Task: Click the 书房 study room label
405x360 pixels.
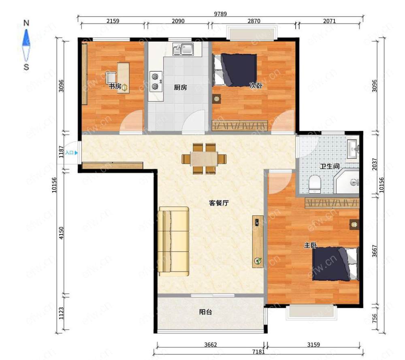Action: (115, 86)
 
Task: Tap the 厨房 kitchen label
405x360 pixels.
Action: (180, 87)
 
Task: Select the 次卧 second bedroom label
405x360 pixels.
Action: (256, 85)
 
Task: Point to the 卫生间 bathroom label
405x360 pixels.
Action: (330, 166)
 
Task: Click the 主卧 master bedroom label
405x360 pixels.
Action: (310, 245)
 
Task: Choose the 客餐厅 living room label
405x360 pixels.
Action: (219, 203)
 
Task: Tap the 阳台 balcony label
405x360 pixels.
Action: (206, 312)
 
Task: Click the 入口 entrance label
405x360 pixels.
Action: (69, 153)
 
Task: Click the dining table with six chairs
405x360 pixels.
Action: (204, 159)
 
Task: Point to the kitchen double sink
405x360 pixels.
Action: (183, 49)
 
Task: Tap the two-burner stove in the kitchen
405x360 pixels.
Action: (156, 82)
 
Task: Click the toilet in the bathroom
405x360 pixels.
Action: (315, 184)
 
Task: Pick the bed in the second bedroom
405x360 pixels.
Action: (234, 70)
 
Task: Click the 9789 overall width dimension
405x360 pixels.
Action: (220, 14)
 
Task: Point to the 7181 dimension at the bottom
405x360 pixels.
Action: (258, 351)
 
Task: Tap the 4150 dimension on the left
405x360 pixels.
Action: (61, 233)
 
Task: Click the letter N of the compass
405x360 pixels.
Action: (26, 23)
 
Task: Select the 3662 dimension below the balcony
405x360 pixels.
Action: (211, 345)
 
